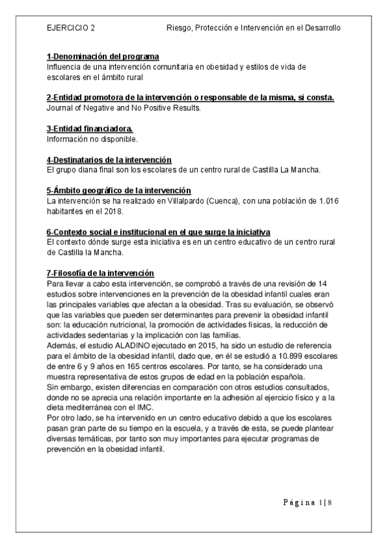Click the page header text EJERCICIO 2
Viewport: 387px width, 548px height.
(x=71, y=28)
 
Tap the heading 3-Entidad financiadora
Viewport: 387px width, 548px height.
(x=89, y=129)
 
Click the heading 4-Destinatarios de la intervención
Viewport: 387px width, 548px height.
(x=113, y=160)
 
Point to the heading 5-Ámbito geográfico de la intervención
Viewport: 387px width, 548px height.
(x=119, y=191)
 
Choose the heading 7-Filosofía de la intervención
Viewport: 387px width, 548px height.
(x=100, y=273)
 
